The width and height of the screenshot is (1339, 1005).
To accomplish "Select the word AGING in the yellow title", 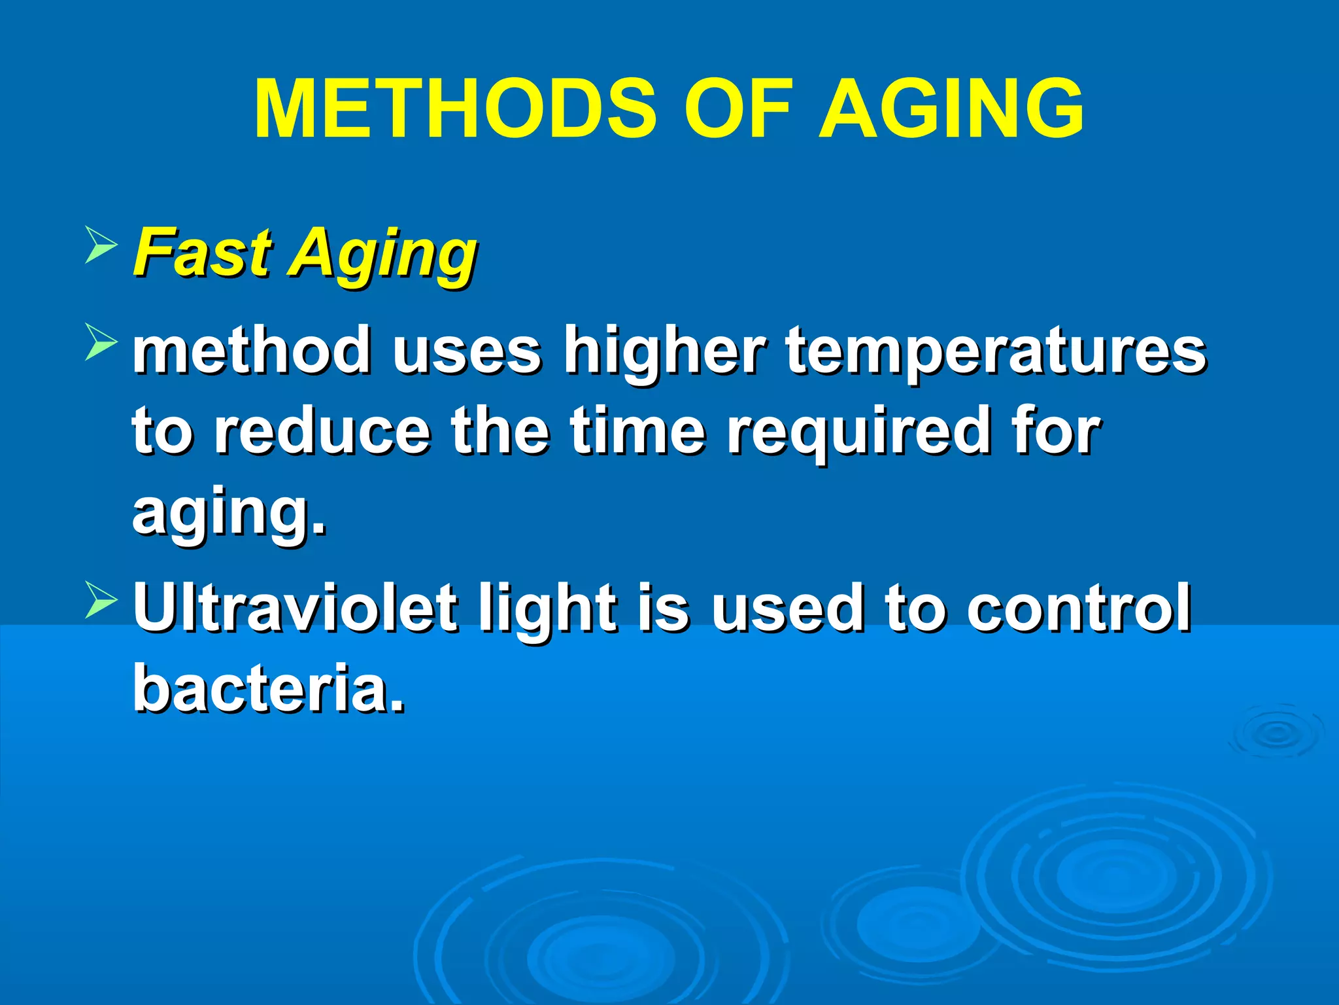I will [x=952, y=109].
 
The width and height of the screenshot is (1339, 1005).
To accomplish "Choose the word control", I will [x=1079, y=608].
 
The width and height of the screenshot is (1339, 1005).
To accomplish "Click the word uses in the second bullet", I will [x=466, y=352].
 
